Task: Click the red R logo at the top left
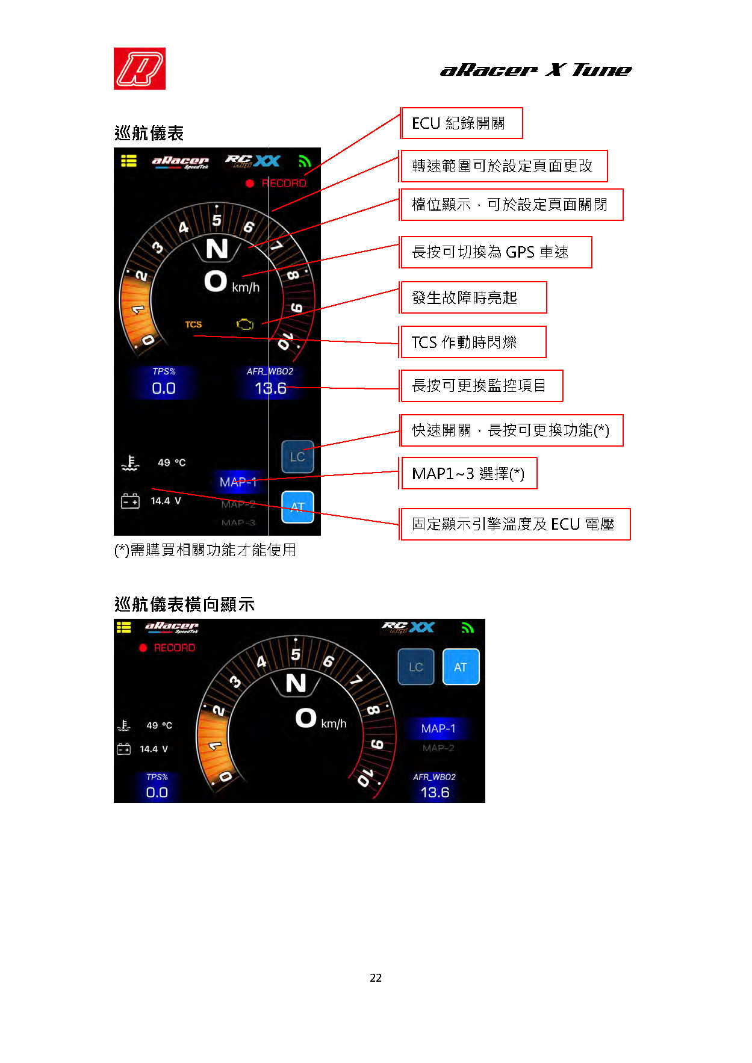[x=140, y=69]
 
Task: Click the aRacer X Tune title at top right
[x=536, y=70]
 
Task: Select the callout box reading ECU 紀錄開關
[x=462, y=123]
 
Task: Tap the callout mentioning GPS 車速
[x=496, y=252]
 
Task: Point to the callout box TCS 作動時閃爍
[x=473, y=342]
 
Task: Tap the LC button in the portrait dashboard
[x=297, y=457]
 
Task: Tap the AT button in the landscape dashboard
[x=461, y=667]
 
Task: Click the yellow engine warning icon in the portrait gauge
[x=245, y=324]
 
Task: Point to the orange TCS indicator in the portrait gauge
[x=193, y=324]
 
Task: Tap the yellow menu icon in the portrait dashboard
[x=129, y=161]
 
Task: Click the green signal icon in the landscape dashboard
[x=468, y=628]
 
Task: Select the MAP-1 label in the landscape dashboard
[x=438, y=728]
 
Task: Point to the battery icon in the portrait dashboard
[x=130, y=501]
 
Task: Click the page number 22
[x=376, y=978]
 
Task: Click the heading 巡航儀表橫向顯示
[x=184, y=604]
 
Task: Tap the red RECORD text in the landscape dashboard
[x=175, y=648]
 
